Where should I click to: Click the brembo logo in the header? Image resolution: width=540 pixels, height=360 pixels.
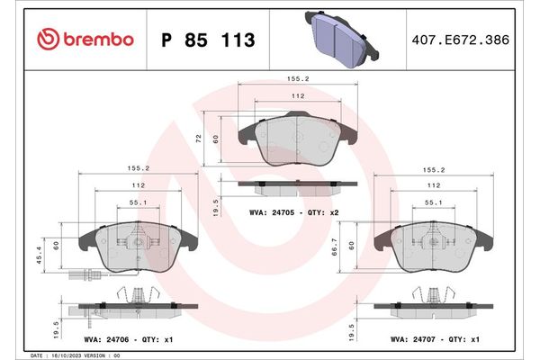tap(85, 39)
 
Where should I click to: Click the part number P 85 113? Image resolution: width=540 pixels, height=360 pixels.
tap(207, 40)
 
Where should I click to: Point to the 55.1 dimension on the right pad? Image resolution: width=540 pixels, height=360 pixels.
tap(433, 203)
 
